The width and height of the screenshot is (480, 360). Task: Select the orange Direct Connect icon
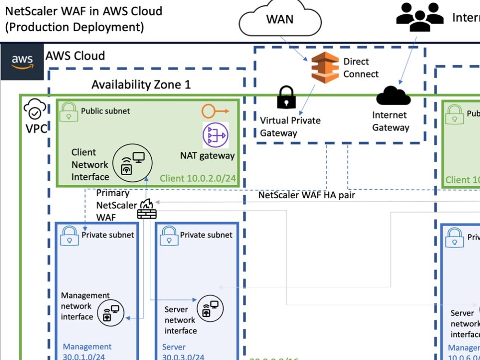[x=324, y=68]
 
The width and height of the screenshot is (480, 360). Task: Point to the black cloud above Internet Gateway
[x=393, y=95]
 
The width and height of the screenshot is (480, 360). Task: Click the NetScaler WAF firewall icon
[x=147, y=209]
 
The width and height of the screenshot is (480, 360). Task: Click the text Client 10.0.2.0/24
[x=197, y=179]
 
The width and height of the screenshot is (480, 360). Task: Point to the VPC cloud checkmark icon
[x=35, y=110]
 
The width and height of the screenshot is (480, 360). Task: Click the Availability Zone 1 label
[x=141, y=85]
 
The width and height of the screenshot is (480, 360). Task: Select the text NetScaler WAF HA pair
[x=307, y=195]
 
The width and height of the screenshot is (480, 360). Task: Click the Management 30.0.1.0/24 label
[x=87, y=351]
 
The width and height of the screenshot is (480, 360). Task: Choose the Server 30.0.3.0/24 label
[x=183, y=351]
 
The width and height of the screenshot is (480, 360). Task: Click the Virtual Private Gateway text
[x=290, y=126]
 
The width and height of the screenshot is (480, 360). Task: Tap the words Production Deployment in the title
[x=74, y=27]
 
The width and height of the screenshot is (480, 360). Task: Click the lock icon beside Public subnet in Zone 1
[x=69, y=112]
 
